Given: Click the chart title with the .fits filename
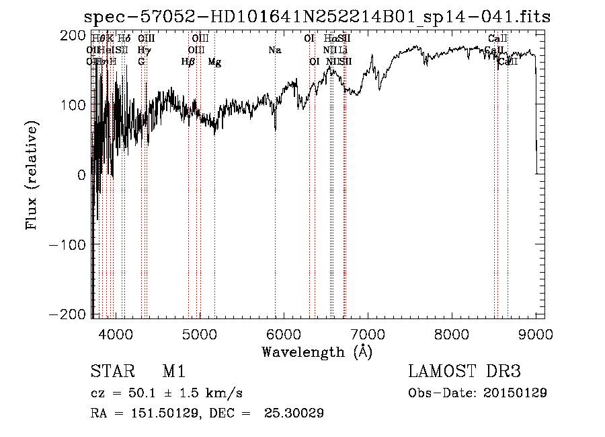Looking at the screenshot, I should coord(316,18).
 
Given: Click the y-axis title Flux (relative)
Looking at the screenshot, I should coord(32,175).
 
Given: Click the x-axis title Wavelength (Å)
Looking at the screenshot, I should coord(317,351).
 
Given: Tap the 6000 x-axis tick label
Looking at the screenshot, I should coord(284,333).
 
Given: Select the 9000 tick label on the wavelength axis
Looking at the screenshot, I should coord(536,333).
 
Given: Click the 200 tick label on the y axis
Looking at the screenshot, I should coord(72,35).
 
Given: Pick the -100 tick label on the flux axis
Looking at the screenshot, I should coord(67,244).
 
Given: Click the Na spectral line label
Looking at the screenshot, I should coord(274,50).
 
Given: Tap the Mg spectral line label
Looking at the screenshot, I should coord(214,62).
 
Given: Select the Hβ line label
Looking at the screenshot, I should coord(188,62).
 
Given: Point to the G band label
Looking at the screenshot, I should coord(141,62).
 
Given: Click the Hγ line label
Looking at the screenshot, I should coord(143,50).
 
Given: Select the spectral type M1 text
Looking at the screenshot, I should coord(173,372).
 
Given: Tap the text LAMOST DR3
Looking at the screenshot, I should coord(465,372).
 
